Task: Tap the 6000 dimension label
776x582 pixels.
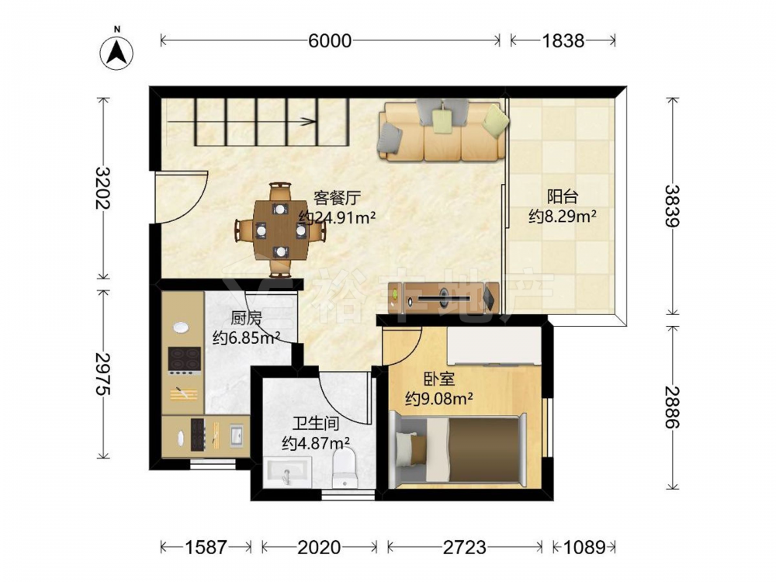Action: point(330,40)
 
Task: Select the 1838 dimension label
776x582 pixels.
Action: point(563,40)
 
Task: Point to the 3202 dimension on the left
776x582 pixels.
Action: point(103,188)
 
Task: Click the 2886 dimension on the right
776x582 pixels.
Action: point(672,407)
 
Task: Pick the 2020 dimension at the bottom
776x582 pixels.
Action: point(319,547)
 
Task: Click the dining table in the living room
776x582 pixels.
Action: point(281,230)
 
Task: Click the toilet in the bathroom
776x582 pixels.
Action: point(345,467)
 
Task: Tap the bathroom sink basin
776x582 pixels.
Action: point(287,472)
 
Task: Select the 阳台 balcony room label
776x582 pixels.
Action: point(562,196)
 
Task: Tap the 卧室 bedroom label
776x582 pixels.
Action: point(439,379)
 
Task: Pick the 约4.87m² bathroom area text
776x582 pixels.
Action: point(316,442)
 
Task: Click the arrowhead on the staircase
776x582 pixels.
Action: point(310,121)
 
